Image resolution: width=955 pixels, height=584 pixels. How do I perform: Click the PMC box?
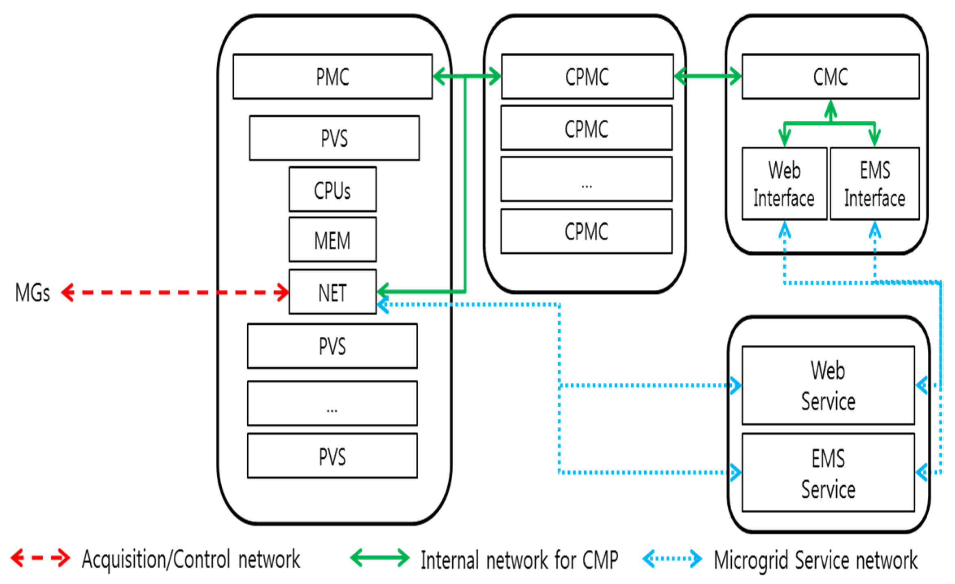pyautogui.click(x=332, y=76)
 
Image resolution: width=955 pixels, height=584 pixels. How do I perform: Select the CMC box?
pyautogui.click(x=830, y=76)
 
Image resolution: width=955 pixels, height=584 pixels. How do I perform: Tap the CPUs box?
pyautogui.click(x=332, y=189)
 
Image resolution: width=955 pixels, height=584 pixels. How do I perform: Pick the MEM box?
pyautogui.click(x=332, y=240)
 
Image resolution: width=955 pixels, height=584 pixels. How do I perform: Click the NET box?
pyautogui.click(x=332, y=292)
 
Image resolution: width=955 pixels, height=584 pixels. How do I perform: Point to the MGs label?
pyautogui.click(x=33, y=293)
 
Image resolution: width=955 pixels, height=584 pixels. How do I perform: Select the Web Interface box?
pyautogui.click(x=784, y=184)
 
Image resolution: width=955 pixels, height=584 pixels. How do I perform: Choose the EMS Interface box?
pyautogui.click(x=874, y=184)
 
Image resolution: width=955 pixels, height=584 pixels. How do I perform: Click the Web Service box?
pyautogui.click(x=828, y=385)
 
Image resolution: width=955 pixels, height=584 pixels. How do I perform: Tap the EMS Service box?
pyautogui.click(x=828, y=472)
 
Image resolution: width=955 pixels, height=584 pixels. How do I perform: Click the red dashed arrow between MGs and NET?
pyautogui.click(x=175, y=292)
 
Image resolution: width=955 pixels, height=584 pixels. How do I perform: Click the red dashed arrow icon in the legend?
pyautogui.click(x=40, y=558)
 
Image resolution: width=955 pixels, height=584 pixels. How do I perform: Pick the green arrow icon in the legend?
pyautogui.click(x=379, y=558)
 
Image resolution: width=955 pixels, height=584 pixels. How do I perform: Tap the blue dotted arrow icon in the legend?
pyautogui.click(x=672, y=558)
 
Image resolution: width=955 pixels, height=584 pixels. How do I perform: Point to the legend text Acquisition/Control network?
pyautogui.click(x=191, y=559)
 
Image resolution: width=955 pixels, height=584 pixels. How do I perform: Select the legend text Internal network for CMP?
pyautogui.click(x=519, y=560)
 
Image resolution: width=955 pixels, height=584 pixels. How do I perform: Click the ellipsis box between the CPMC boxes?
pyautogui.click(x=587, y=179)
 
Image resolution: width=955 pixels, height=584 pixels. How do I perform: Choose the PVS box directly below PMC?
pyautogui.click(x=334, y=138)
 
